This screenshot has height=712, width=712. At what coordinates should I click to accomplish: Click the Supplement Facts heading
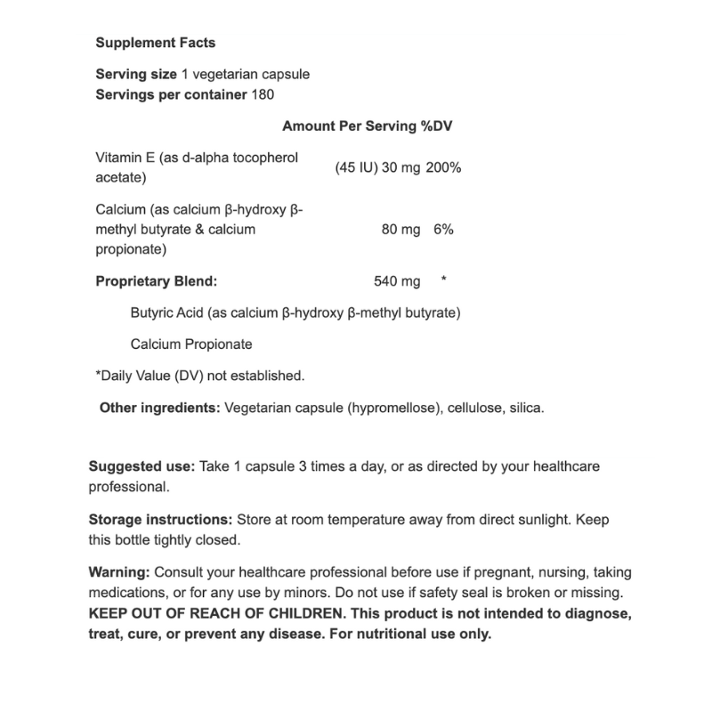click(x=155, y=43)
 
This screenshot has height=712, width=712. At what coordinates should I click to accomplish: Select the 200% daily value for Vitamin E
click(x=443, y=167)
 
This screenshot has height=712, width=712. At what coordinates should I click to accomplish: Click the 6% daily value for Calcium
click(x=444, y=229)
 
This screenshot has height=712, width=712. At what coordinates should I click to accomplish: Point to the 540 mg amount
click(x=397, y=281)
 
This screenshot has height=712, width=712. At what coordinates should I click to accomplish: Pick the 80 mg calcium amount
click(x=400, y=229)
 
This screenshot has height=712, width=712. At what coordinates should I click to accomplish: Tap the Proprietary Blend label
click(x=156, y=281)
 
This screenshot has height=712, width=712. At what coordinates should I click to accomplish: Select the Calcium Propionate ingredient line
click(x=191, y=344)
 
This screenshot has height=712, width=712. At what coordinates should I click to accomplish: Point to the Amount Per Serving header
click(x=350, y=126)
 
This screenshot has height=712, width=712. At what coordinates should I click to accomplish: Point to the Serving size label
click(x=133, y=75)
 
